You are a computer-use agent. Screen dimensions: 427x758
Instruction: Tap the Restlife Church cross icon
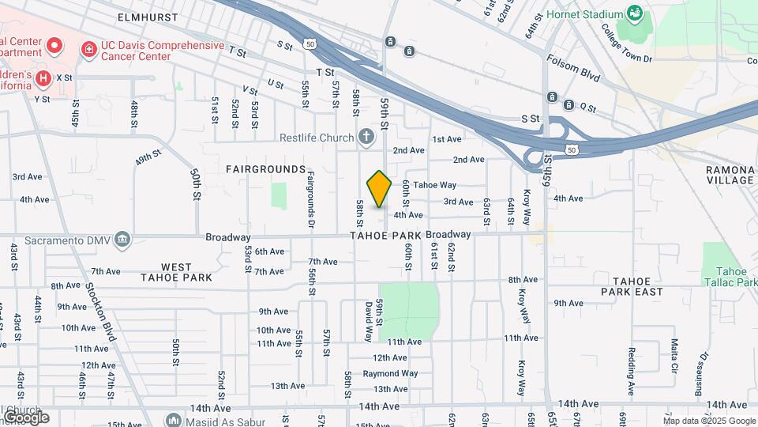coord(366,138)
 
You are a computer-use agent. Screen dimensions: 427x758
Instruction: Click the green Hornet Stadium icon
coord(634,13)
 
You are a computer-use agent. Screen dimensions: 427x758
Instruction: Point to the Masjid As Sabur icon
coord(174,420)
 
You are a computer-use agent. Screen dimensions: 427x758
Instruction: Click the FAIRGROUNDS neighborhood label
coord(265,169)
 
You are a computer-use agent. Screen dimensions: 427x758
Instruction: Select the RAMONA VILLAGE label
coord(730,175)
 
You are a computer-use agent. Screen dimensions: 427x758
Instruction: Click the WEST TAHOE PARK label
coord(176,272)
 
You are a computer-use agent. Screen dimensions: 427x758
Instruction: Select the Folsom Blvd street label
coord(574,69)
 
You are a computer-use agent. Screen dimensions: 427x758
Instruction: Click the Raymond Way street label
coord(390,373)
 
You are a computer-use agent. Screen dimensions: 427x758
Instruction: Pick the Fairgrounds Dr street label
coord(311,198)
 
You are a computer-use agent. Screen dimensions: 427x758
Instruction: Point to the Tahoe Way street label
coord(435,185)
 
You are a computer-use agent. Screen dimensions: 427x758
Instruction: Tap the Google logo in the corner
coord(25,417)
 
